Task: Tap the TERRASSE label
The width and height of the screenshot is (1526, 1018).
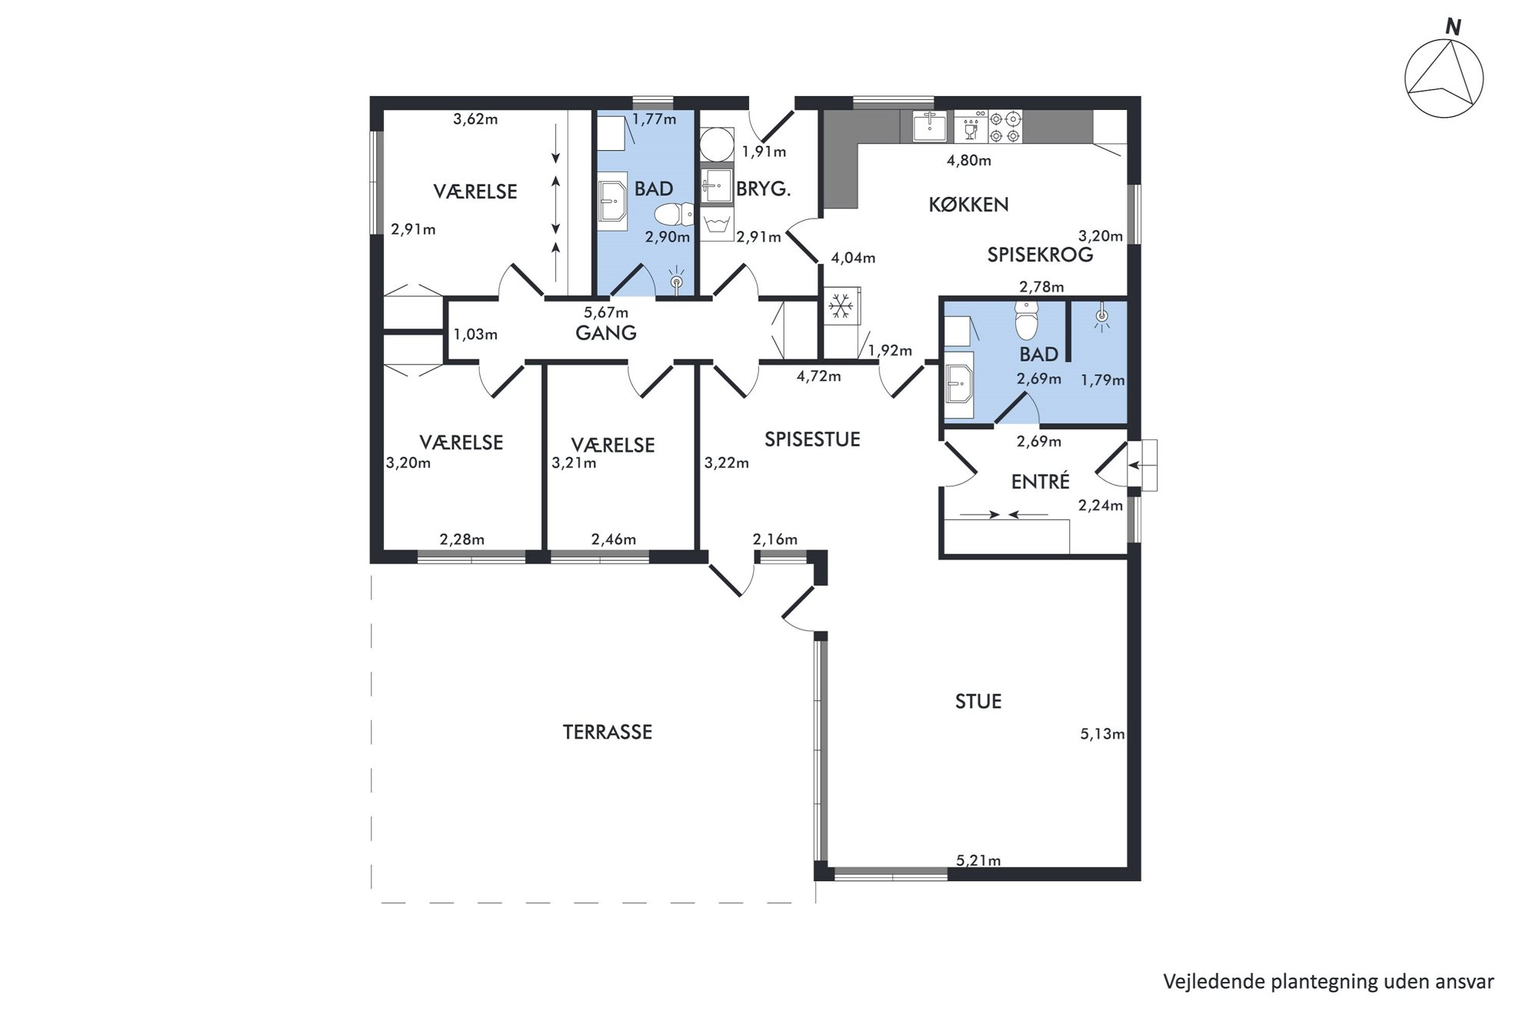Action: click(607, 732)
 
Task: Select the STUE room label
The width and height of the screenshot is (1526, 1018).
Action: click(978, 702)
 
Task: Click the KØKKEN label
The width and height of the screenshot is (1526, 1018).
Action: click(968, 205)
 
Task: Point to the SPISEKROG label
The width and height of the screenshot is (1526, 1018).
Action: click(1040, 255)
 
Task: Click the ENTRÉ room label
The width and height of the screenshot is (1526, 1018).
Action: click(1040, 482)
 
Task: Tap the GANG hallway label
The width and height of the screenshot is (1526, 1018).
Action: click(606, 333)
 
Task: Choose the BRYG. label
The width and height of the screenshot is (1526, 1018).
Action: click(763, 189)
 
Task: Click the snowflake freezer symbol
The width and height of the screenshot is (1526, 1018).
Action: click(841, 306)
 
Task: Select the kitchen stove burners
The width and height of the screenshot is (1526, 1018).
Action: click(1005, 127)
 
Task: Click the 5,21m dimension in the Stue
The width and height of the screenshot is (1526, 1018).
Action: click(978, 860)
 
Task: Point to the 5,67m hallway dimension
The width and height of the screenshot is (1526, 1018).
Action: click(606, 312)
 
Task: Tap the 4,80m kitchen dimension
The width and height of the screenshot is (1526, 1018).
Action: click(968, 161)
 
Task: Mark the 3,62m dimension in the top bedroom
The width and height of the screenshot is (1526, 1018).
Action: click(475, 119)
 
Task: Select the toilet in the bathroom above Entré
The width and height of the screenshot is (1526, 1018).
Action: click(1027, 320)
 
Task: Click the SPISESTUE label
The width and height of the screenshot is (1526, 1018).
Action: click(812, 439)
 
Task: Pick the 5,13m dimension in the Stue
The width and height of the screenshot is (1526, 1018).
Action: click(1102, 734)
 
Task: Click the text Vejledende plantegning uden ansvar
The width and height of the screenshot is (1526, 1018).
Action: click(1328, 982)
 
